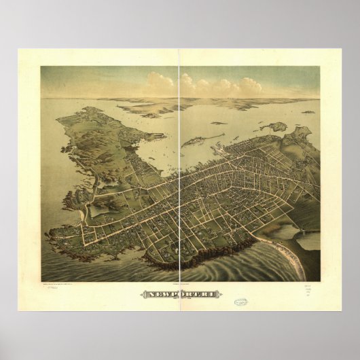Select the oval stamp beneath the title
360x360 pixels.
(240, 302)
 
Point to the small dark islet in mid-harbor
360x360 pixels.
(218, 123)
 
